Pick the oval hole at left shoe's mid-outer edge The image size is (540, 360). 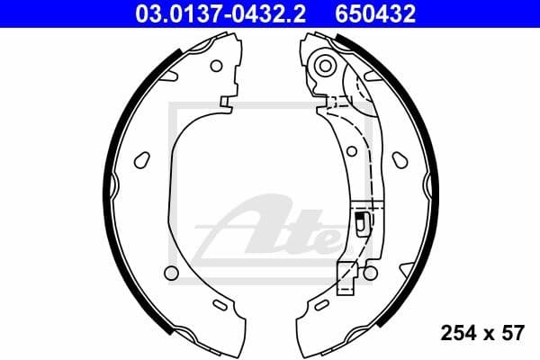point(140,160)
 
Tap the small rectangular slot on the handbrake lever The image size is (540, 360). point(360,222)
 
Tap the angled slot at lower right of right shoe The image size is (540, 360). point(407,267)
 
